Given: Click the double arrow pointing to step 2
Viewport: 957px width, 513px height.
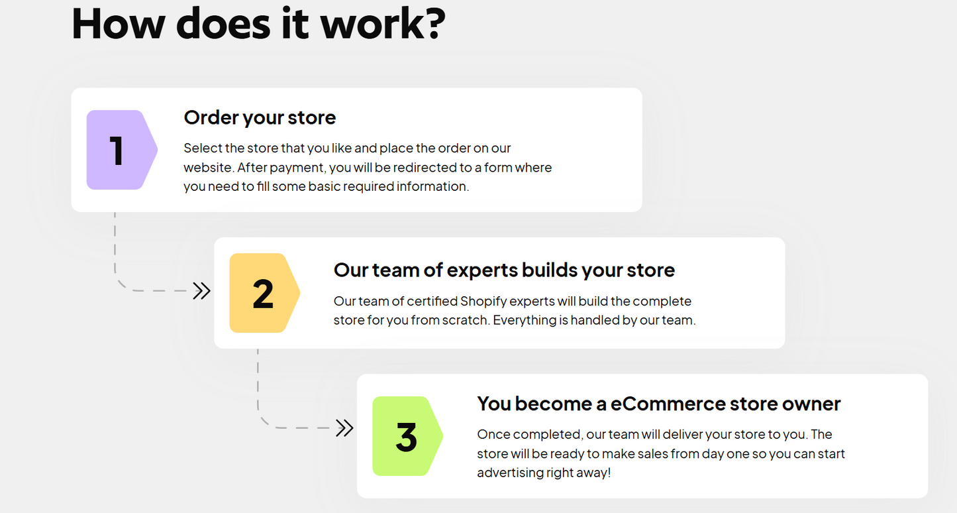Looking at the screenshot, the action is pyautogui.click(x=201, y=291).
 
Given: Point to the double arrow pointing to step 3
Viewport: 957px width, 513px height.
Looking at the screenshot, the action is pyautogui.click(x=344, y=428).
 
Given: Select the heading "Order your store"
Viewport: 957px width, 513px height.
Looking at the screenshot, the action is pyautogui.click(x=260, y=117).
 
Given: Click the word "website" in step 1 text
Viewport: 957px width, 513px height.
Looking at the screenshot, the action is pyautogui.click(x=208, y=167).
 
